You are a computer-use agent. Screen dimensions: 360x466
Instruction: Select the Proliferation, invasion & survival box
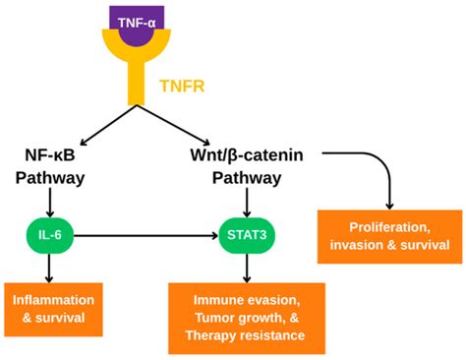[x=391, y=235]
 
